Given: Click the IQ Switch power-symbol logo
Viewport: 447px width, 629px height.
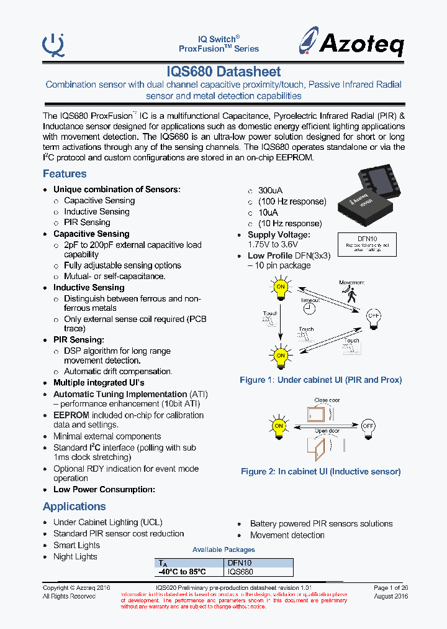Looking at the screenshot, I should tap(53, 44).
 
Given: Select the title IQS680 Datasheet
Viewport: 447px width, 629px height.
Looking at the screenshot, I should tap(223, 72).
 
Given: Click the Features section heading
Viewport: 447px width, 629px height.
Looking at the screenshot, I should tap(65, 174).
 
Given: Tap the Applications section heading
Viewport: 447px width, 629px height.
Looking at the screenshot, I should tap(74, 507).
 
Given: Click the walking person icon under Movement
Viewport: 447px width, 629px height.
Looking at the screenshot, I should tap(352, 295).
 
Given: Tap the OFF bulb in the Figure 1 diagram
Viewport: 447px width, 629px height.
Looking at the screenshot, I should tap(373, 316).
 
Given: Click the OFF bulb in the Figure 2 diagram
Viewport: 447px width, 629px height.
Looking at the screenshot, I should tap(368, 426).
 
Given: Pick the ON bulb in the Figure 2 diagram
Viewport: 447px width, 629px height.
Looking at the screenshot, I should tap(279, 426).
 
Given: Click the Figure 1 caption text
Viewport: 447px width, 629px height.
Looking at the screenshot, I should tap(320, 380).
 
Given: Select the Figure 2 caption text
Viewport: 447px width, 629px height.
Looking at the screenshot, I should tap(320, 472).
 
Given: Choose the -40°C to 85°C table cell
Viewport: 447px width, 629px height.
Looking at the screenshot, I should tap(181, 572).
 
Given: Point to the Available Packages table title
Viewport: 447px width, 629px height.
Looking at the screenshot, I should tap(223, 549).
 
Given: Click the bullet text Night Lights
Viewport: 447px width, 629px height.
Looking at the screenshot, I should tap(75, 557).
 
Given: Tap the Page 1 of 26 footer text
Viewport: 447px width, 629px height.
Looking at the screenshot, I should tap(391, 587).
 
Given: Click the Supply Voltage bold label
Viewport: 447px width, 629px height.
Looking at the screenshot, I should tap(279, 235).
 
